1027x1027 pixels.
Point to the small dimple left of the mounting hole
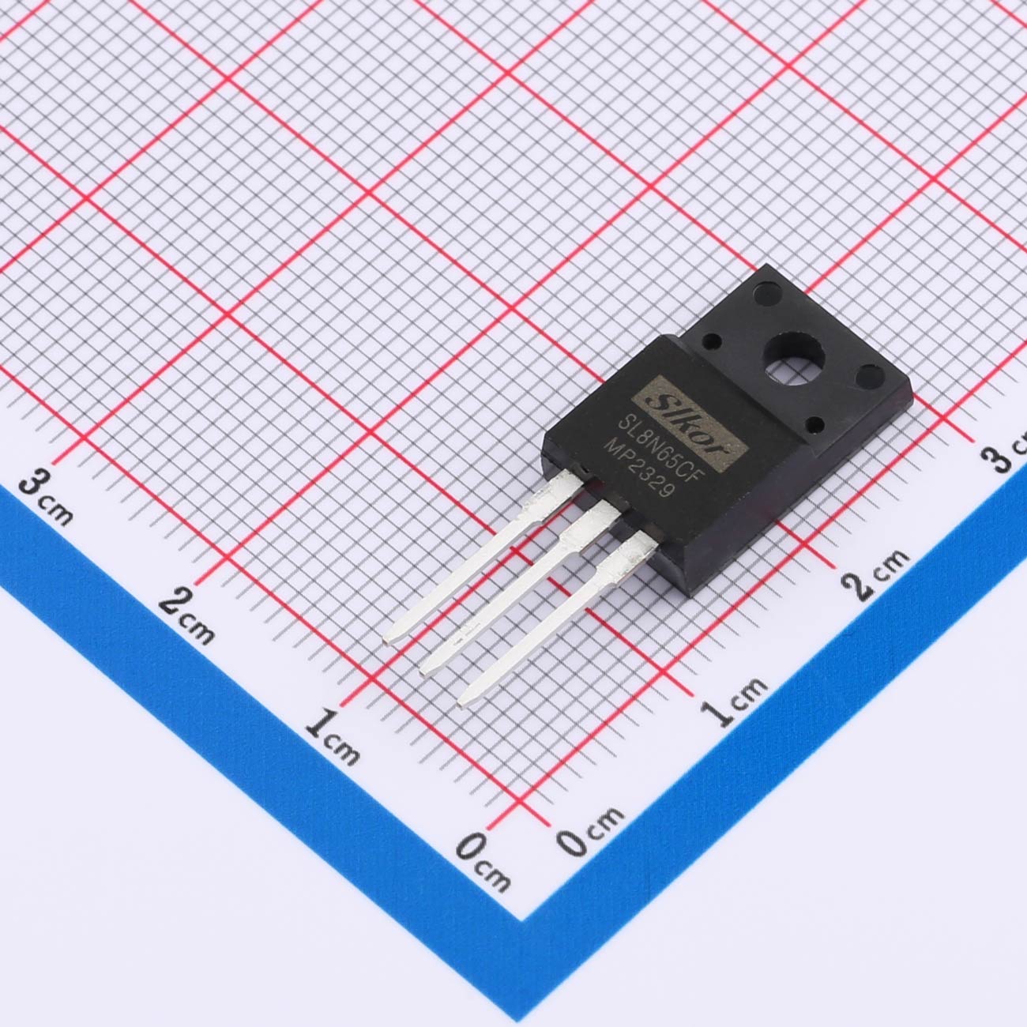pyautogui.click(x=712, y=341)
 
